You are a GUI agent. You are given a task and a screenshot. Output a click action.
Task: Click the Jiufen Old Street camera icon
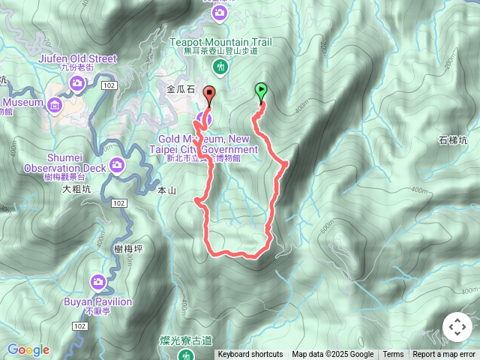[x=77, y=82]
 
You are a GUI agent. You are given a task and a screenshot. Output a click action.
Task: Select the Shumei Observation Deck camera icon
[x=116, y=165]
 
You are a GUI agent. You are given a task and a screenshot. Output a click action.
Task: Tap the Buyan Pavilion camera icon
[x=98, y=282]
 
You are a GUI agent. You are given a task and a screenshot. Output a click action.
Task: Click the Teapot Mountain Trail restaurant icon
[x=220, y=67]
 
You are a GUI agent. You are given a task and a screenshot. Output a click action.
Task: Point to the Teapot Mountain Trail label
[x=220, y=43]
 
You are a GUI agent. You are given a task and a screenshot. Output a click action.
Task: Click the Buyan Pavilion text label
[x=98, y=301]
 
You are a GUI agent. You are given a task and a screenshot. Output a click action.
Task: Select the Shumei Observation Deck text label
[x=37, y=169]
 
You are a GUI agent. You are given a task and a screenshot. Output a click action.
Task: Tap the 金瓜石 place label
[x=180, y=89]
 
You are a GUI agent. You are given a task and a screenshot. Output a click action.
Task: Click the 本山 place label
[x=166, y=191]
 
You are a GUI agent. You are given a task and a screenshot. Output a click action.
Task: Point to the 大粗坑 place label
[x=76, y=190]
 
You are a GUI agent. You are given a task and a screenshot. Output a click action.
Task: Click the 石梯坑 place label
[x=453, y=140]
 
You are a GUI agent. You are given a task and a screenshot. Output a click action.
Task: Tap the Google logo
[x=28, y=349]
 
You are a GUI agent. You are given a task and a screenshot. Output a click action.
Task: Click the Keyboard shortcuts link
[x=250, y=355]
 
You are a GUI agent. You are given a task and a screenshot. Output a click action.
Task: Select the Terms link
[x=393, y=355]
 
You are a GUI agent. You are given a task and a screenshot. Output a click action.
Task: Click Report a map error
[x=444, y=355]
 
